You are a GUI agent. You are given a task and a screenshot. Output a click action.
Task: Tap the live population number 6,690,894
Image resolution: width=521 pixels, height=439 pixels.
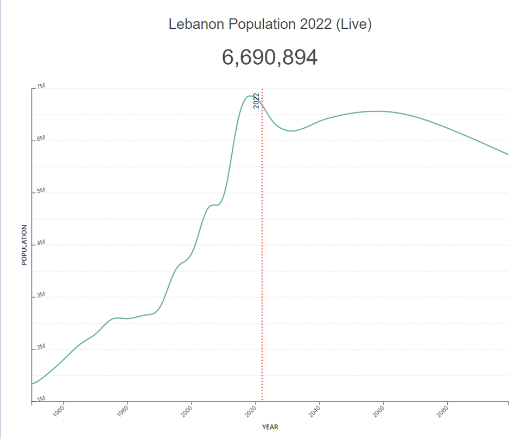tap(270, 57)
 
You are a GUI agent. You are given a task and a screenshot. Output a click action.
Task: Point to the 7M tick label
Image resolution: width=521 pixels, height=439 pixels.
tap(41, 87)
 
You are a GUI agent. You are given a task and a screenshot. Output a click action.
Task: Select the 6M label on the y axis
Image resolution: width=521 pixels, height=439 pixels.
tap(41, 139)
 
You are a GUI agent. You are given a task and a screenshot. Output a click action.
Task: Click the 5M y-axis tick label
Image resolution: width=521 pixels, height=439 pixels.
tap(41, 191)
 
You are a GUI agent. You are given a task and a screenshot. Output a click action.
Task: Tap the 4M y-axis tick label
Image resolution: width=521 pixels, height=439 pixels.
tap(41, 243)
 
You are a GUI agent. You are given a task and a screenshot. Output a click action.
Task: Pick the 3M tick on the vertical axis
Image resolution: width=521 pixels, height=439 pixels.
tap(41, 296)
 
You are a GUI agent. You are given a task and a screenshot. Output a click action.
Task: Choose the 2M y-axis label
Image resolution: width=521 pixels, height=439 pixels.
tap(41, 347)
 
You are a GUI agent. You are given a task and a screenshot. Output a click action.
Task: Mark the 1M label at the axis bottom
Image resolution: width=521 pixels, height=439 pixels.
tap(41, 399)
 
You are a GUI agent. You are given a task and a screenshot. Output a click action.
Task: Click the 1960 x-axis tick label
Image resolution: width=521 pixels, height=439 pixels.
tap(60, 411)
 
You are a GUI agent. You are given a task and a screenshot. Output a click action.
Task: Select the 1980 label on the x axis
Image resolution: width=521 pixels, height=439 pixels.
tap(124, 411)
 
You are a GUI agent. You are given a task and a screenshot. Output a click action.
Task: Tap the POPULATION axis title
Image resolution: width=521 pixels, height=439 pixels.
tap(24, 245)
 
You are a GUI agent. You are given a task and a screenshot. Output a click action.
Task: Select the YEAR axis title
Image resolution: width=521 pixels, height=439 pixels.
tap(270, 427)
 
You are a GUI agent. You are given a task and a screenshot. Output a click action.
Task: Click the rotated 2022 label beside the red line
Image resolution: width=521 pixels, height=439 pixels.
tap(256, 101)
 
